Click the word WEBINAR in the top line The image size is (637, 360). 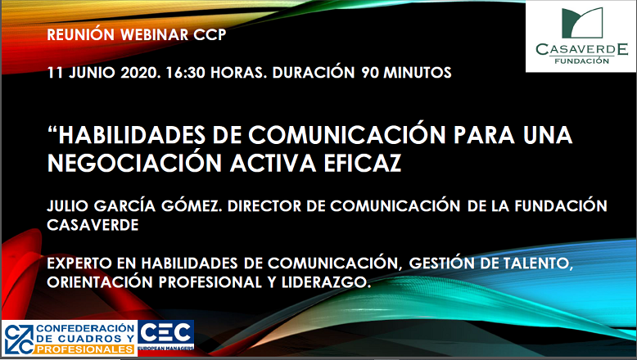click(x=155, y=34)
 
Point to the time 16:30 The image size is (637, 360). click(x=186, y=73)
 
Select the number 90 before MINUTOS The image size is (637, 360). click(x=370, y=73)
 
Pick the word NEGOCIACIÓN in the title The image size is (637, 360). click(x=135, y=163)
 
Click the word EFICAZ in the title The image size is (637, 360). click(x=363, y=163)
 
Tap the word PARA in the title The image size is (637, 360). click(x=484, y=135)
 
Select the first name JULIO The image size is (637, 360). click(x=67, y=205)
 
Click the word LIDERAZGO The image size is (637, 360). click(x=326, y=282)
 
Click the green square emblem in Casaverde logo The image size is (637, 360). click(x=582, y=23)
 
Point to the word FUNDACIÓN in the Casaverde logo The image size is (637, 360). click(x=582, y=61)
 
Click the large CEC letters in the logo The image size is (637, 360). click(x=165, y=333)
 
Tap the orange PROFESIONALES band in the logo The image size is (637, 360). click(x=86, y=349)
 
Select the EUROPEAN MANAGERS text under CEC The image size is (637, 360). click(x=165, y=349)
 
